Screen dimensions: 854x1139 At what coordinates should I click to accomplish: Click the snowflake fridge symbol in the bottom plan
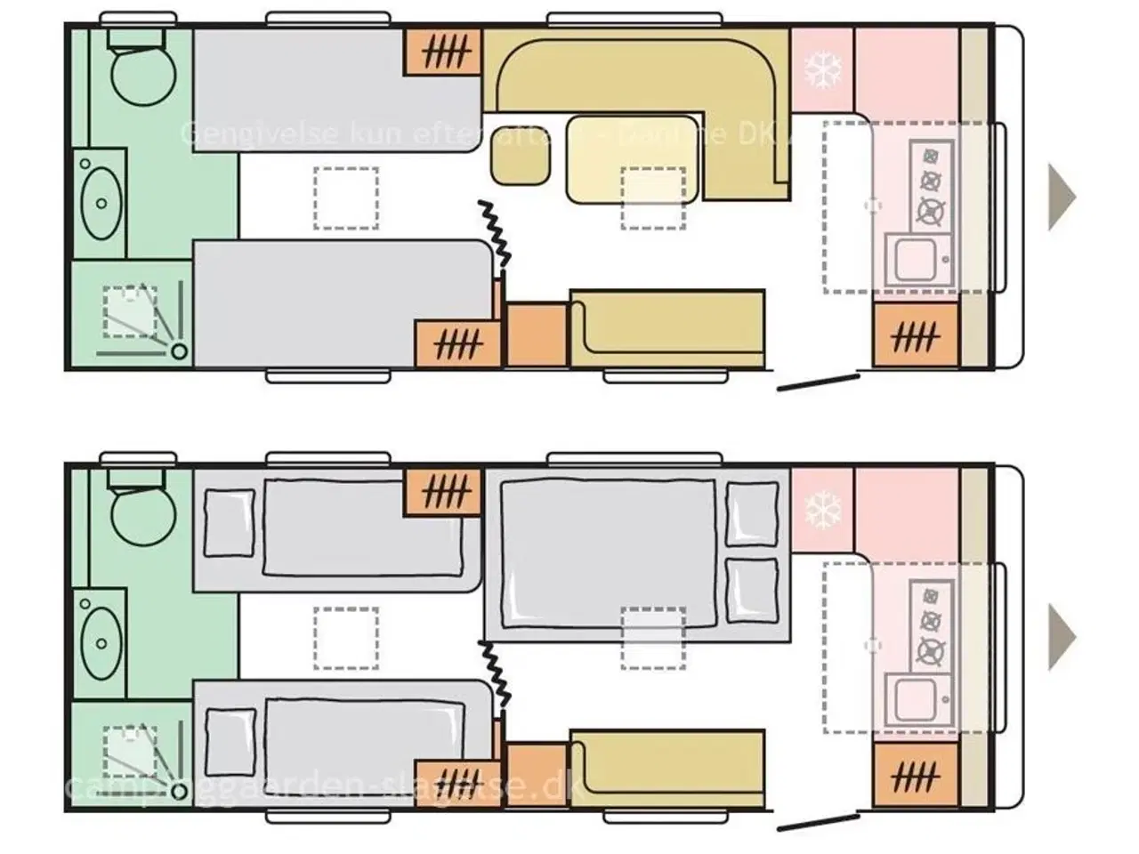[x=822, y=511]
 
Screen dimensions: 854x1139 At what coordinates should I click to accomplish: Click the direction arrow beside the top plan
[x=1062, y=197]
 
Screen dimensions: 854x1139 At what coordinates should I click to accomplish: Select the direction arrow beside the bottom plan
[x=1062, y=636]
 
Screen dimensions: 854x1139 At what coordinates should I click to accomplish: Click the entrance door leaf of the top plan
[x=818, y=383]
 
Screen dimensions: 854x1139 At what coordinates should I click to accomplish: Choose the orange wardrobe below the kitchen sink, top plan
[x=916, y=335]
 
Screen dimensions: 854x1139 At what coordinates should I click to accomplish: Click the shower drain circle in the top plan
[x=180, y=351]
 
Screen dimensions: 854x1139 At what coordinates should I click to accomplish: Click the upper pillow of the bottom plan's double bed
[x=752, y=514]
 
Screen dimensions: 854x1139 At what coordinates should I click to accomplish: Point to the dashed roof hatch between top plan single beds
[x=345, y=197]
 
